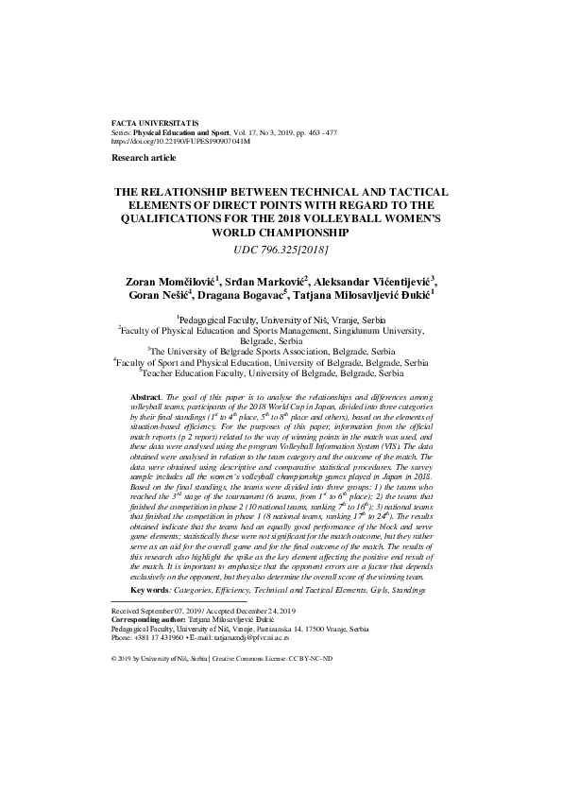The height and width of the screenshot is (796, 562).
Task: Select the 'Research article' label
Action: tap(137, 157)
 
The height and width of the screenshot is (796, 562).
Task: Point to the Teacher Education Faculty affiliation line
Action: tap(281, 374)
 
